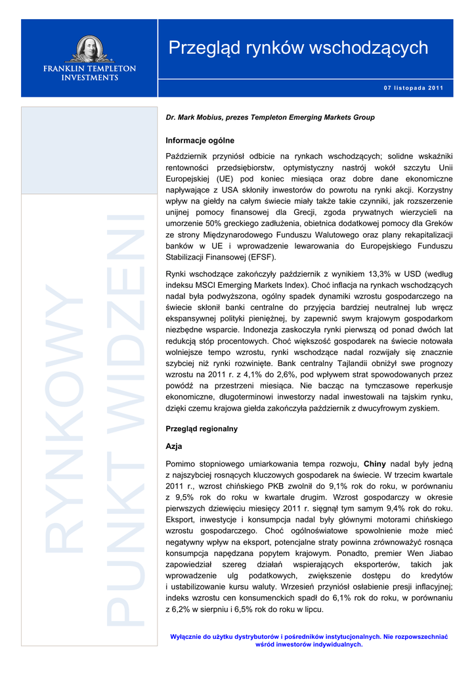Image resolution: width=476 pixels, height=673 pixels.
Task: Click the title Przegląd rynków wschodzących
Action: pos(298,48)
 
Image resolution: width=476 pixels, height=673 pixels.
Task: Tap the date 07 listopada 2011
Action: pos(413,88)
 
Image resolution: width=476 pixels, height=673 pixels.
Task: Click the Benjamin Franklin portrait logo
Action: pos(89,49)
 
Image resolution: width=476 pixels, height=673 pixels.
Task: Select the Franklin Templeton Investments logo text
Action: pos(89,72)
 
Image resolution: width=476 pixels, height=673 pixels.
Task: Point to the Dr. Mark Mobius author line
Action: pos(270,117)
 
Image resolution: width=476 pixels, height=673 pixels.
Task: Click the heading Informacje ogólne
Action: pos(200,141)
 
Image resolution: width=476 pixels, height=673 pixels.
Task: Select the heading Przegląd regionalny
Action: pos(202,429)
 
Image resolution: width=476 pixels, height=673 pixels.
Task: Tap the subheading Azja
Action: pos(174,446)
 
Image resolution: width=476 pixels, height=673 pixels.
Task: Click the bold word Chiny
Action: pos(375,463)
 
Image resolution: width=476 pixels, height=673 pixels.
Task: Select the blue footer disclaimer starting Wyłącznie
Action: pos(309,640)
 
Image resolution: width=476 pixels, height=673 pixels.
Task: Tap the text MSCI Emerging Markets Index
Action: pos(257,285)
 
